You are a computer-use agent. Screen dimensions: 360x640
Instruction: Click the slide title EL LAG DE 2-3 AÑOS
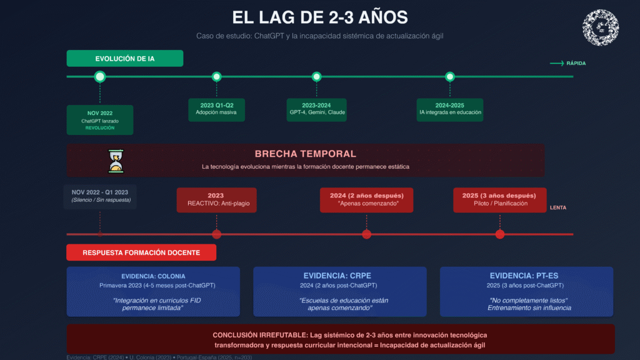[319, 17]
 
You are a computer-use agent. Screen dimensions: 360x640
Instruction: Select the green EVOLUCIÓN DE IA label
[125, 59]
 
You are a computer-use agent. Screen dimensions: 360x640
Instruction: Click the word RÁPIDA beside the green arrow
[576, 63]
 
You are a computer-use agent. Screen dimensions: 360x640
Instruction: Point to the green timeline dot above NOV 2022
[100, 77]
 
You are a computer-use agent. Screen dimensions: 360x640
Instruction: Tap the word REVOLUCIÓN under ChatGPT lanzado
[100, 127]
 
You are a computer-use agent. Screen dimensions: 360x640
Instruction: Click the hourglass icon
[116, 161]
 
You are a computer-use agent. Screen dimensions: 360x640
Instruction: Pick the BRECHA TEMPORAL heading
[305, 154]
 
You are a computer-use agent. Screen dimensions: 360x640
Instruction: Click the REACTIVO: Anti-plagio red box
[216, 199]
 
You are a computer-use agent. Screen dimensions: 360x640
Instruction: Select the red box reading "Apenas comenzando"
[366, 199]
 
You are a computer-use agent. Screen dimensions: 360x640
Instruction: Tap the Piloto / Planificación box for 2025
[499, 199]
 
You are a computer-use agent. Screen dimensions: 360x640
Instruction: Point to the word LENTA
[558, 207]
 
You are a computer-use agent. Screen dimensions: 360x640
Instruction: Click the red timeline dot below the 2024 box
[367, 234]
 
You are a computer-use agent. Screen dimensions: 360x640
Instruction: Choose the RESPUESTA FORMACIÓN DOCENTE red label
[141, 252]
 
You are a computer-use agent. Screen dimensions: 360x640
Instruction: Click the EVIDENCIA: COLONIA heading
[153, 276]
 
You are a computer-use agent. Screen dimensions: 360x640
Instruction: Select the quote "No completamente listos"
[527, 300]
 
